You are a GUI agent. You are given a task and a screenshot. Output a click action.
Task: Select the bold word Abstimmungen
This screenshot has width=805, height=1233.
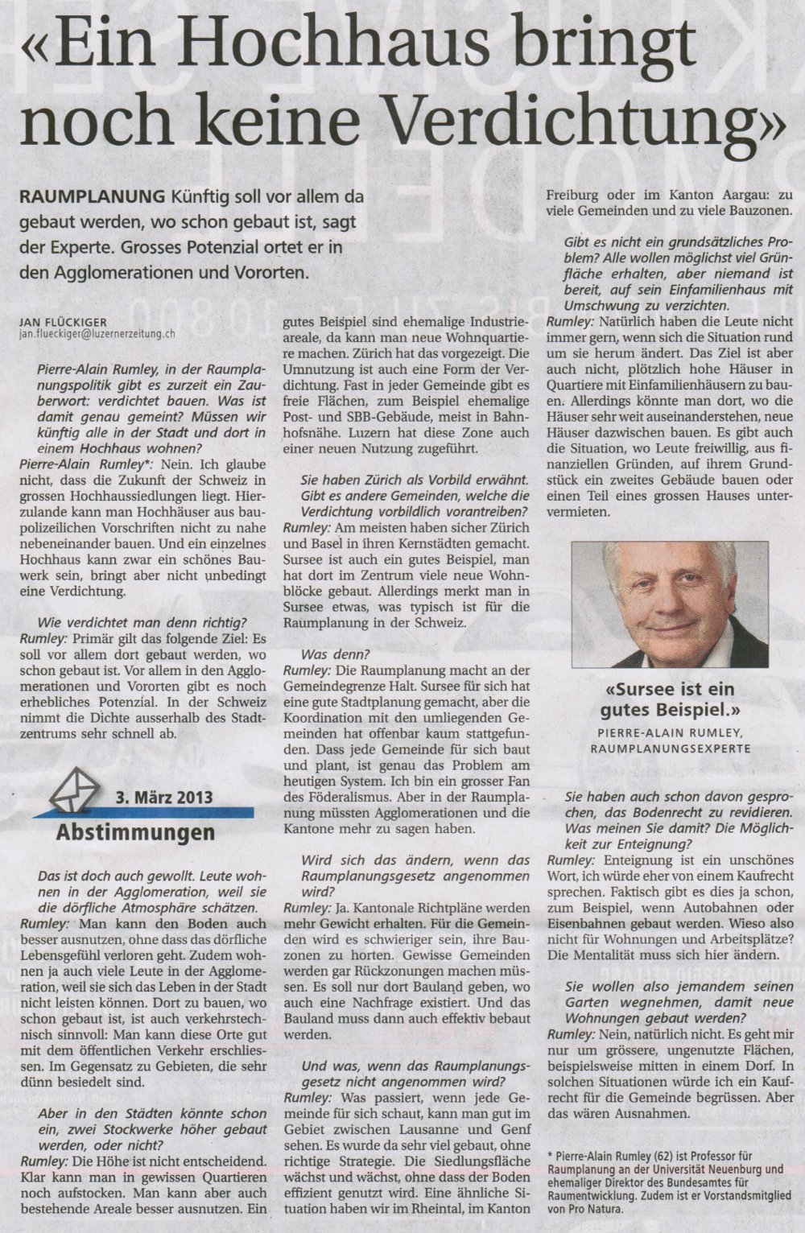(x=135, y=831)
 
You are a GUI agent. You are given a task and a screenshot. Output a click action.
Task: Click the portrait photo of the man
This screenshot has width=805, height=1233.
(x=669, y=604)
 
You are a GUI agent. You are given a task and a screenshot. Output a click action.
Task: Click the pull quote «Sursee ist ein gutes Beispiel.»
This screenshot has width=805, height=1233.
(x=670, y=699)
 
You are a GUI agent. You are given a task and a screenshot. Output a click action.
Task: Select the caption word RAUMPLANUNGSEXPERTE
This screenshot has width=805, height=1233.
(x=669, y=748)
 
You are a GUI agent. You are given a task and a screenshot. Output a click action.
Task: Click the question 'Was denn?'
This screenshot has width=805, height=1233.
(x=325, y=655)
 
